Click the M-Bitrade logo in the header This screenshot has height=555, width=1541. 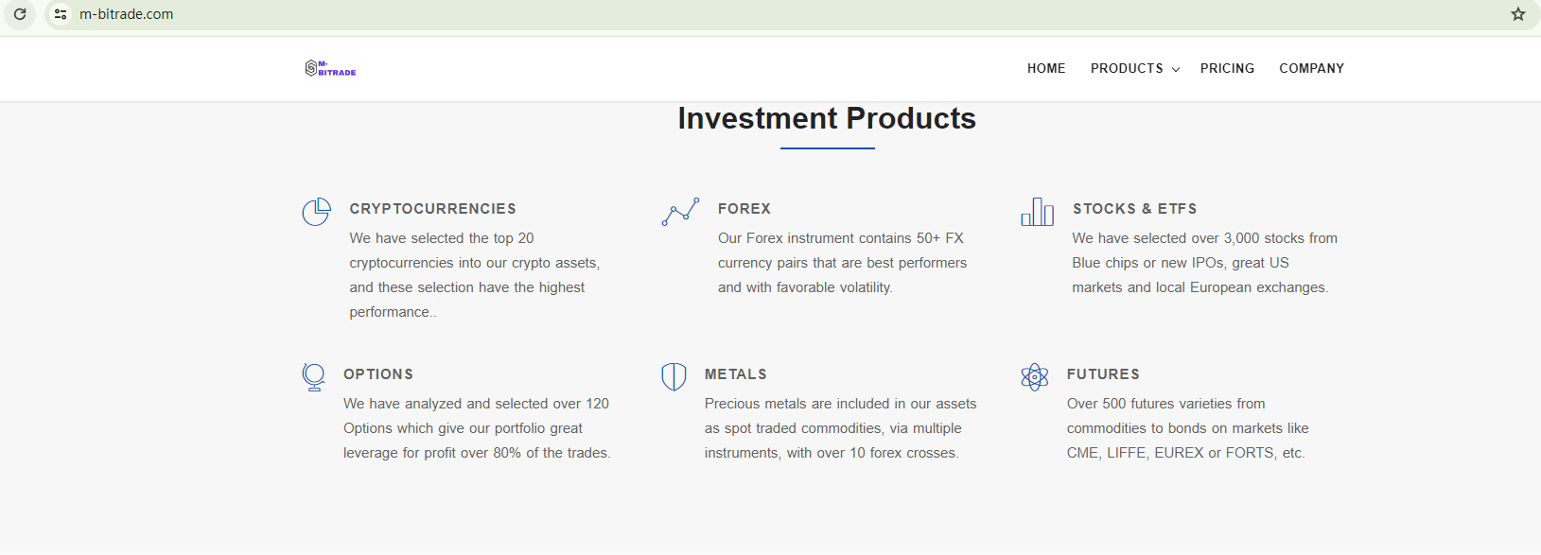(331, 68)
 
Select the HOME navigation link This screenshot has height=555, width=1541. (1045, 68)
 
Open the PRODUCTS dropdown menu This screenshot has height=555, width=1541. (1134, 68)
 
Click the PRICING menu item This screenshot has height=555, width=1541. (1227, 68)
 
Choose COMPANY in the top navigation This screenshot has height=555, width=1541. (1311, 68)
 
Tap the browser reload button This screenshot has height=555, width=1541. (20, 14)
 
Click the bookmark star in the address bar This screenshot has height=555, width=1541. (1518, 14)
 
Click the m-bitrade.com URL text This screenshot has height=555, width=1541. (127, 14)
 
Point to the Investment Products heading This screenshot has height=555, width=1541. (827, 118)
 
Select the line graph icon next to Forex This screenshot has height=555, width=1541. (680, 211)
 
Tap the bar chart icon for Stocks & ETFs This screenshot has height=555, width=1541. (1038, 212)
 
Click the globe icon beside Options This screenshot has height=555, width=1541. (314, 377)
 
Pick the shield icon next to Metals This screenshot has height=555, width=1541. (674, 377)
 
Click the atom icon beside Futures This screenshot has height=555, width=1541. (1035, 377)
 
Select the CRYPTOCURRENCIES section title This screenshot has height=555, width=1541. (432, 208)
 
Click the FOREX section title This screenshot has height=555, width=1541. (744, 208)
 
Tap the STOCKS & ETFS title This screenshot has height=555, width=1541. (1135, 208)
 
